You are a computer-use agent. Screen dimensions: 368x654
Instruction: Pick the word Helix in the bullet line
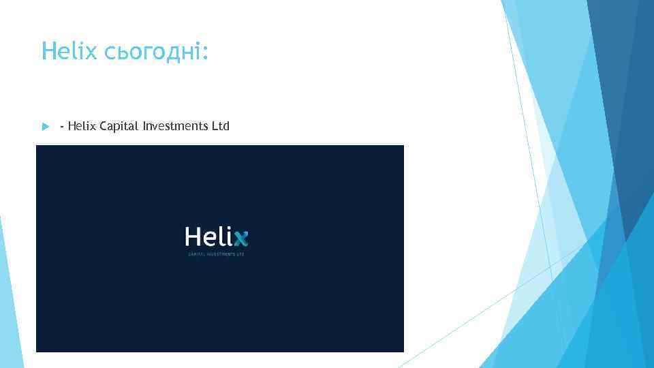pyautogui.click(x=82, y=125)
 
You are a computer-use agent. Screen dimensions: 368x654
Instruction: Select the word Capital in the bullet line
pyautogui.click(x=119, y=126)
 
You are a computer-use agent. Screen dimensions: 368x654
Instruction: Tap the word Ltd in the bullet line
pyautogui.click(x=221, y=125)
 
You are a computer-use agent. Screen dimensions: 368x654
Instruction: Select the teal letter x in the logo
pyautogui.click(x=240, y=239)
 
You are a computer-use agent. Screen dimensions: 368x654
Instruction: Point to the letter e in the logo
pyautogui.click(x=211, y=239)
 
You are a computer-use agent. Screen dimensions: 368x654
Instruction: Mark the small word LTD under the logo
pyautogui.click(x=240, y=254)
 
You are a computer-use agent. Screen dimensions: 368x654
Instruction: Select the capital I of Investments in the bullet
pyautogui.click(x=145, y=125)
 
